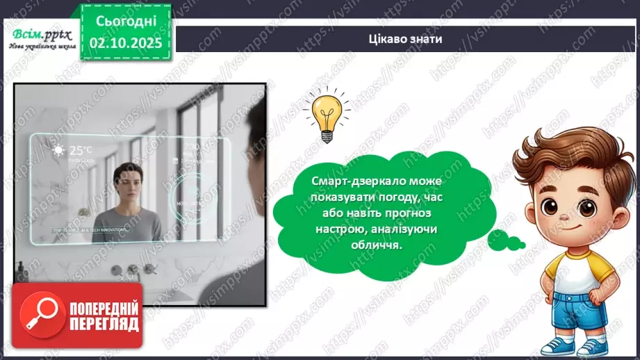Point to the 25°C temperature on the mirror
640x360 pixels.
[x=80, y=149]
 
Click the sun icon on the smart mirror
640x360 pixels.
[x=59, y=150]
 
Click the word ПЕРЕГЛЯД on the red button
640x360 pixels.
[x=104, y=325]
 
